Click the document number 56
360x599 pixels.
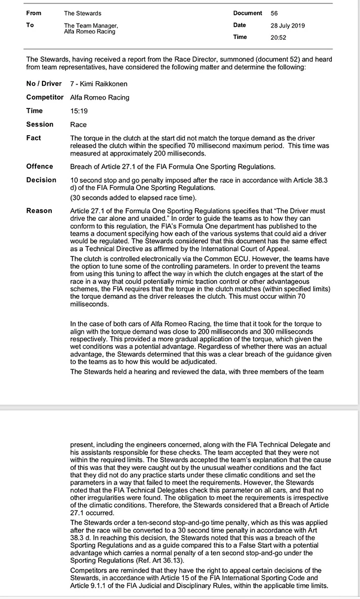click(x=274, y=13)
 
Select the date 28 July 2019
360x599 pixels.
click(x=287, y=26)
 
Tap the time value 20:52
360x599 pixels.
click(x=278, y=37)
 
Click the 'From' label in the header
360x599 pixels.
click(x=34, y=13)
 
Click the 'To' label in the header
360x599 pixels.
click(x=30, y=25)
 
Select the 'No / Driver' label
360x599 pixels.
click(x=44, y=84)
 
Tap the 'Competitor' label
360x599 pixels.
click(x=45, y=97)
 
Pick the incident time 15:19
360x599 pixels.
click(x=78, y=111)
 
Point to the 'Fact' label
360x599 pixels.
click(x=34, y=138)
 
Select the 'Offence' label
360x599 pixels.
click(x=39, y=166)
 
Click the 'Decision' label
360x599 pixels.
click(x=41, y=180)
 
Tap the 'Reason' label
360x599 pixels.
click(x=39, y=211)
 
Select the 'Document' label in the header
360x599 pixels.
click(x=247, y=13)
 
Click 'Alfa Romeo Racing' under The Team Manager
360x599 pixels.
click(x=89, y=32)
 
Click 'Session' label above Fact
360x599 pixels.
click(x=39, y=124)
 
